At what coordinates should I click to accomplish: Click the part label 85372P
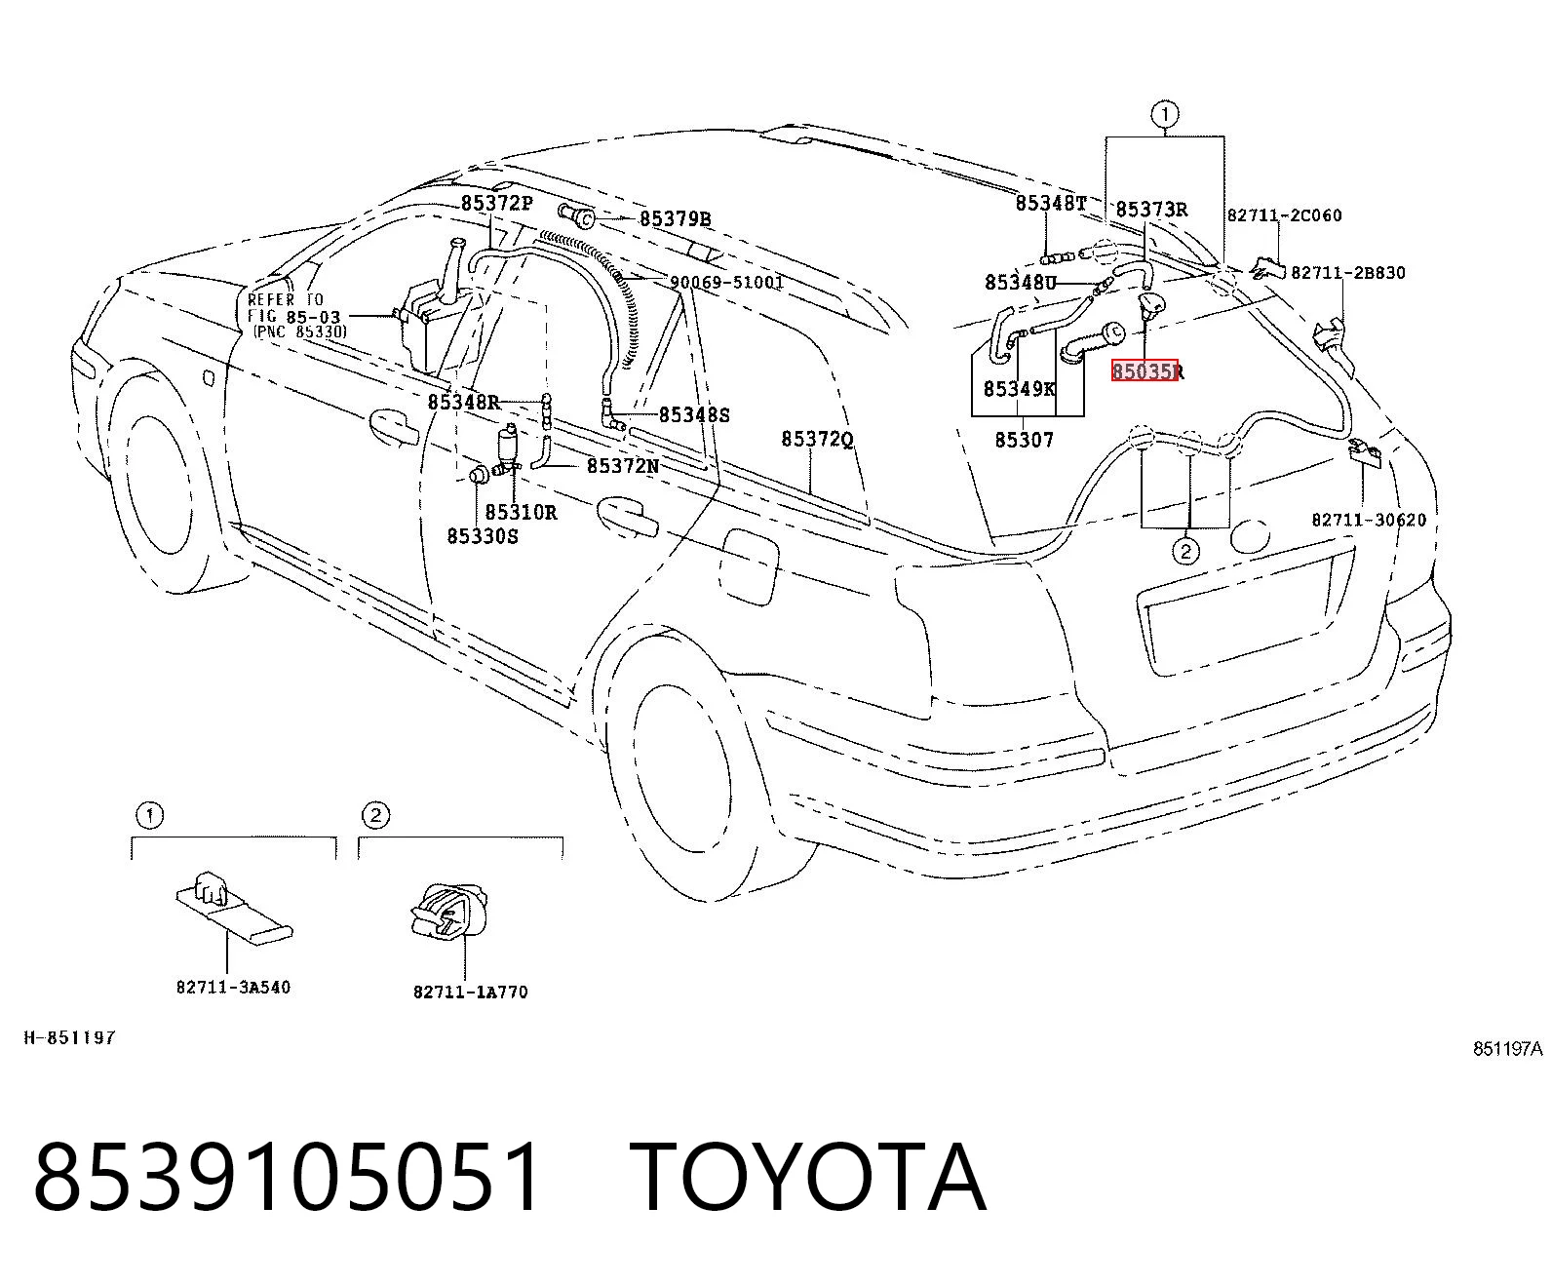[496, 203]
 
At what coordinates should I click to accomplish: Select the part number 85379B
[675, 218]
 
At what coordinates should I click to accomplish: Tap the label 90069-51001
[727, 283]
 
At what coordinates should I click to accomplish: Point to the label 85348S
[694, 415]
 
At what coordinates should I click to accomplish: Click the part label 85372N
[623, 466]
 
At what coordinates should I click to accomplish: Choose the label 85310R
[521, 513]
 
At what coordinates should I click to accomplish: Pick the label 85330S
[483, 536]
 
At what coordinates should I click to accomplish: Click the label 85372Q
[817, 440]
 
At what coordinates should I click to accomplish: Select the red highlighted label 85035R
[1146, 371]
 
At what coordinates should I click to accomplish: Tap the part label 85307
[1025, 441]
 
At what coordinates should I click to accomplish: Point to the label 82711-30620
[1369, 520]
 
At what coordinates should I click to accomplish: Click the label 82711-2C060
[1285, 215]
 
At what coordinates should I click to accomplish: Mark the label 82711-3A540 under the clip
[233, 987]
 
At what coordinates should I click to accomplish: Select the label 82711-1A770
[471, 992]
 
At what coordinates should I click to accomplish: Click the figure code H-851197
[70, 1037]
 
